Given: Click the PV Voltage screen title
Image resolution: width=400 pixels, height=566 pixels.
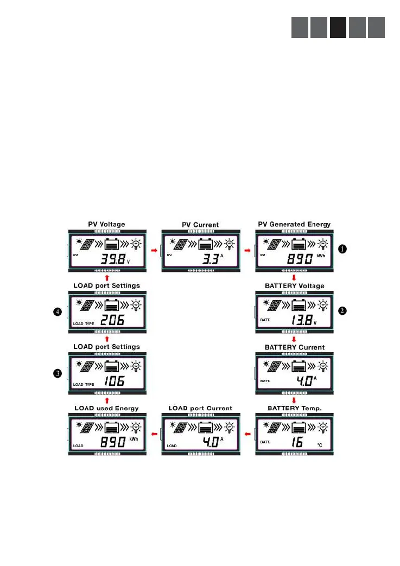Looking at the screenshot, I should [106, 224].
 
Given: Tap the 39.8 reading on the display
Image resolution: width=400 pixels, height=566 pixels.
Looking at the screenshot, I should [110, 259].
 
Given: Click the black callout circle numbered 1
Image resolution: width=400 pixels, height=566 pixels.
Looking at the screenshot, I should [342, 249].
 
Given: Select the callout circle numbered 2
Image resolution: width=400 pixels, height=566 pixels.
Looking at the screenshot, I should [342, 311].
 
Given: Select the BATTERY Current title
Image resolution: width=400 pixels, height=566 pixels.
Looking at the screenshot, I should [295, 347].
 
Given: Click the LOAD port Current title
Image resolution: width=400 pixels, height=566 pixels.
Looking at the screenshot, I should [200, 408].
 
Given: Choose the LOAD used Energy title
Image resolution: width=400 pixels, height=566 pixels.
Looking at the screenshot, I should [106, 408].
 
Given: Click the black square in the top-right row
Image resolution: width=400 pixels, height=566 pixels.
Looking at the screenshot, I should [338, 28].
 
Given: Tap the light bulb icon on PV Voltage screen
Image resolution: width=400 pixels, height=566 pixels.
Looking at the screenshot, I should [135, 245].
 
